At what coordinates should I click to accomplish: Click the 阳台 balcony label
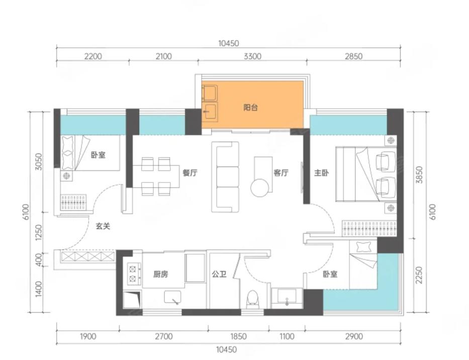[250, 108]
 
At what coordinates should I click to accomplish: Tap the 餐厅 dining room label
[190, 172]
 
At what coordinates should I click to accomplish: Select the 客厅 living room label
[281, 172]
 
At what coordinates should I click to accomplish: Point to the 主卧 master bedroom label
[321, 172]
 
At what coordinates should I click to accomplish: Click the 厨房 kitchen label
[161, 274]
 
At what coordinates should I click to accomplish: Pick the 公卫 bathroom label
[219, 274]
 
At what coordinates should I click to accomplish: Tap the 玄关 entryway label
[103, 226]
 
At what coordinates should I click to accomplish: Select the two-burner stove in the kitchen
[133, 274]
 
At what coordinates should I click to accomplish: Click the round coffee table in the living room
[260, 188]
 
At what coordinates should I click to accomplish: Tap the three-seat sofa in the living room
[225, 177]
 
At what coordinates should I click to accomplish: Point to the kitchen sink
[172, 297]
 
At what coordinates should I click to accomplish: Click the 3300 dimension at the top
[252, 56]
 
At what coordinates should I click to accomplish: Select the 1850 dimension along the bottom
[238, 336]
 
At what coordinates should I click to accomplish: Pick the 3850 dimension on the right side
[419, 175]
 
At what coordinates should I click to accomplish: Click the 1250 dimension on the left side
[39, 232]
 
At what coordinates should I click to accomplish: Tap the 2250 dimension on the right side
[419, 276]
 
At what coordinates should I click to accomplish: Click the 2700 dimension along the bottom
[163, 336]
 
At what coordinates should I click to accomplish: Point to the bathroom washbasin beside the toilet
[287, 297]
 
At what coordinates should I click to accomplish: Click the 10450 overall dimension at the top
[229, 43]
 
